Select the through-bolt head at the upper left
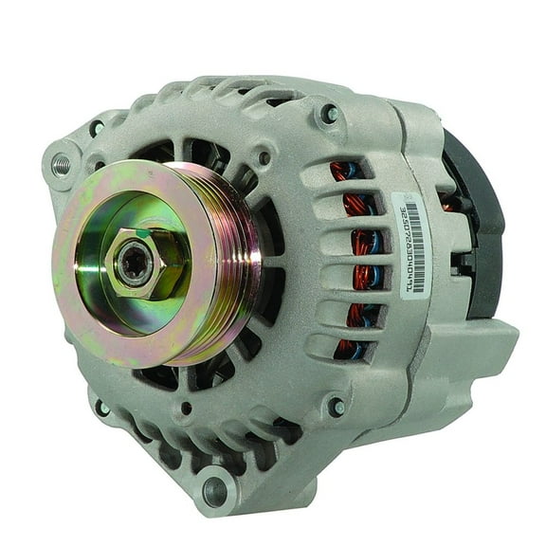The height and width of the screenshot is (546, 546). point(98,127)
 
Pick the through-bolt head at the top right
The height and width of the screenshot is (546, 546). point(329,115)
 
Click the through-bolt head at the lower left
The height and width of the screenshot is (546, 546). point(100,409)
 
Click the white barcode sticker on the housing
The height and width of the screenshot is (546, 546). point(411,246)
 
